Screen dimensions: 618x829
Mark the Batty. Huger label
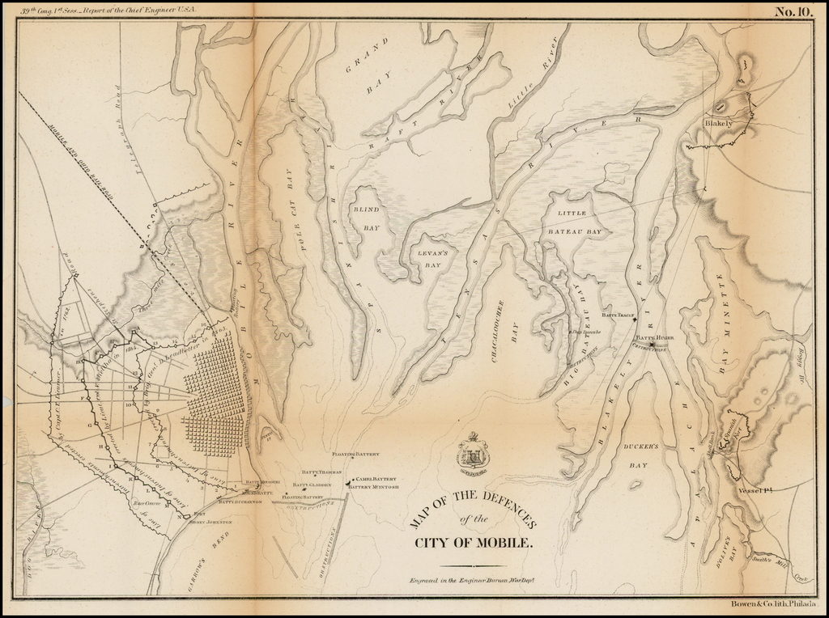pos(655,337)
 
